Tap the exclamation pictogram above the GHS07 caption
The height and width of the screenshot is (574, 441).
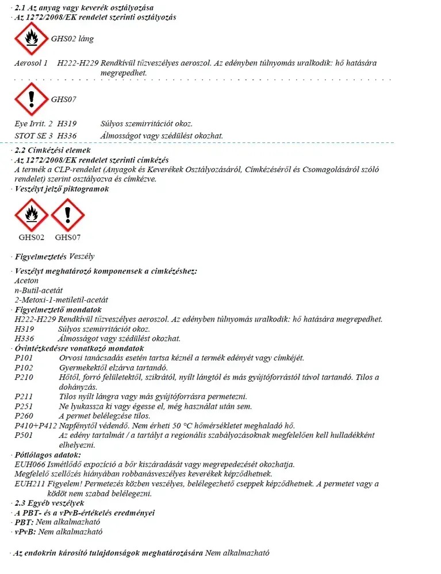(x=68, y=216)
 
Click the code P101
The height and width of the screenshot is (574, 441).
(x=24, y=358)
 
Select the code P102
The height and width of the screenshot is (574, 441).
(x=24, y=367)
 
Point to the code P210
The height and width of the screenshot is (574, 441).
(x=24, y=377)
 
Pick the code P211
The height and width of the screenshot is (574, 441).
(x=24, y=397)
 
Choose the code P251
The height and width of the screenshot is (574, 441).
(x=24, y=406)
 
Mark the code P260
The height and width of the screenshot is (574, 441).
(x=24, y=416)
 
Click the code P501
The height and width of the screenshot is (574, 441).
(x=24, y=435)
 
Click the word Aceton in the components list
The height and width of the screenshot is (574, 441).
(x=26, y=281)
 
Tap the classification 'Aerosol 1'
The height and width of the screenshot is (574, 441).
(x=31, y=63)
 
